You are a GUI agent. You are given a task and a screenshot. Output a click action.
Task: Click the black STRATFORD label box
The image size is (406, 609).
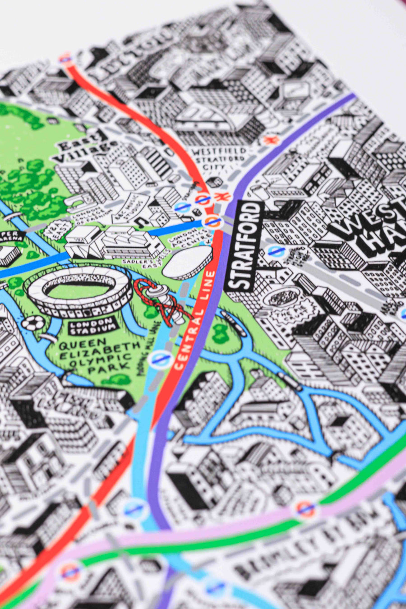tap(244, 246)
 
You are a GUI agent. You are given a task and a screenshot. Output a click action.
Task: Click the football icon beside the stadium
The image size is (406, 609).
tap(31, 323)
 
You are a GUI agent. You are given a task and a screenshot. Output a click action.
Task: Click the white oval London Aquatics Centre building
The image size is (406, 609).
tap(187, 262)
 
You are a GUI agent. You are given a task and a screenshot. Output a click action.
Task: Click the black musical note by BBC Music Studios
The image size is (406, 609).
tap(141, 221)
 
